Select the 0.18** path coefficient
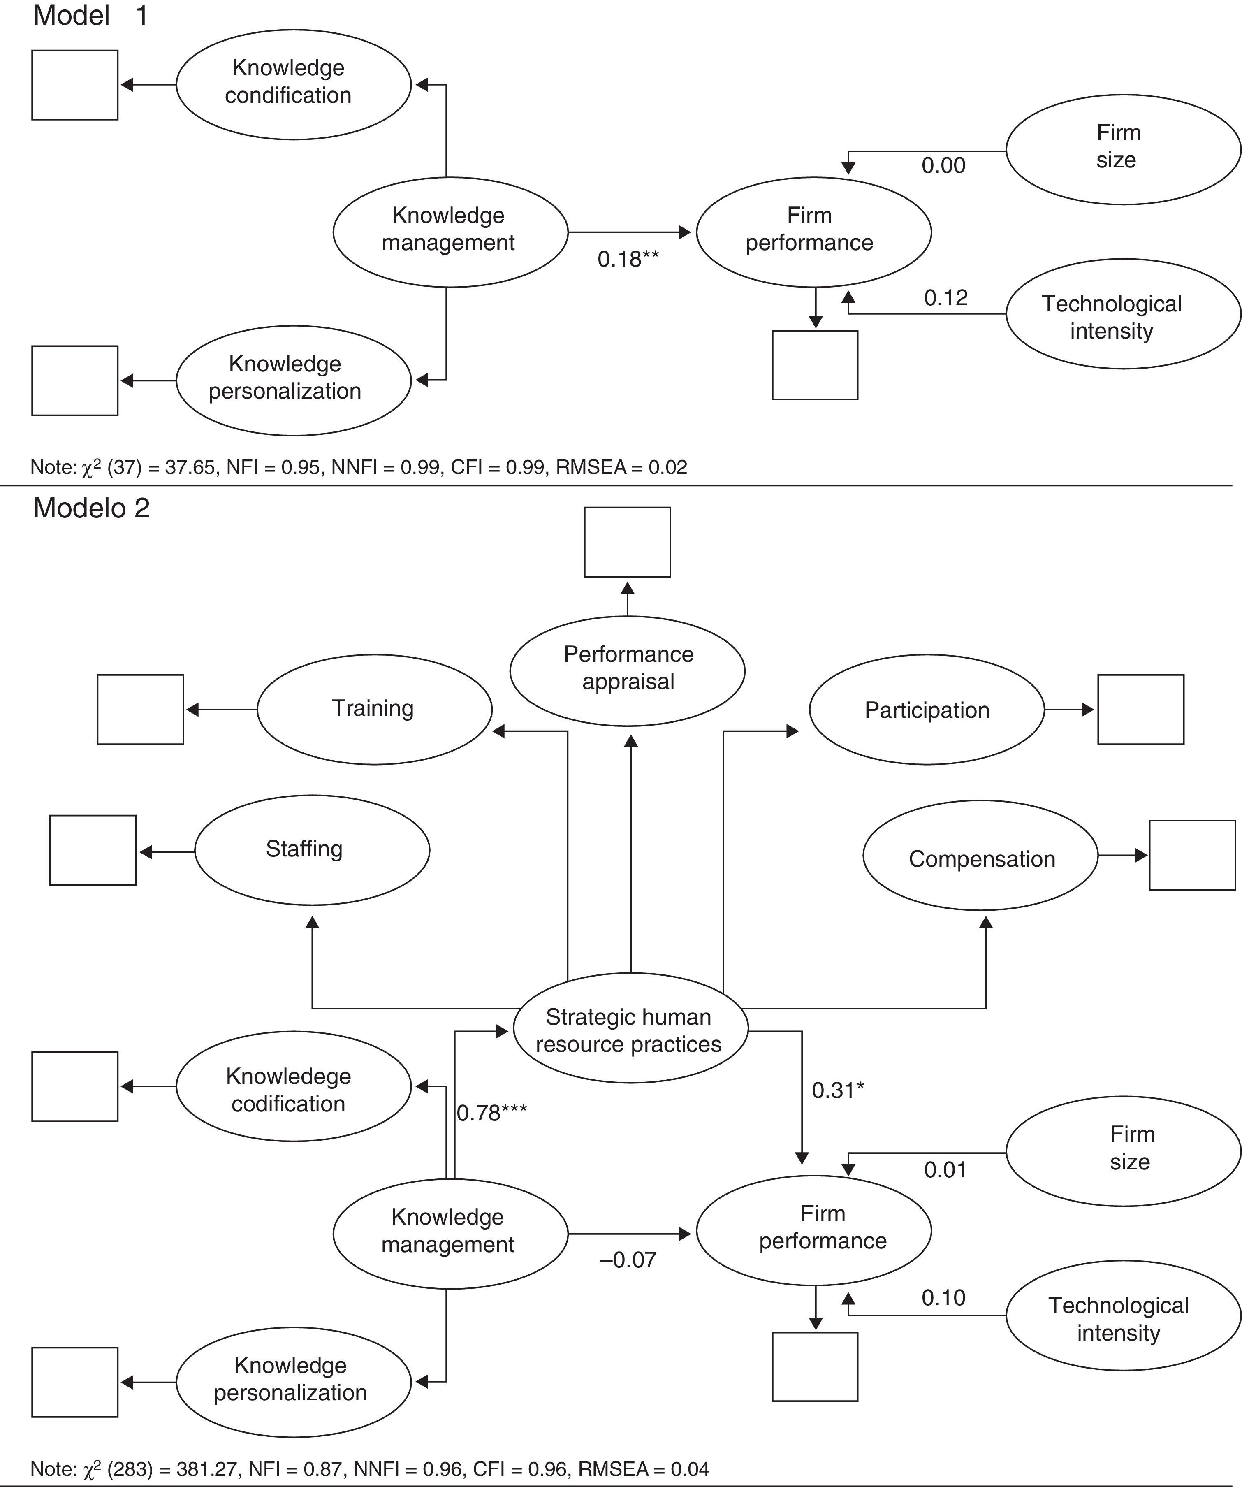[627, 259]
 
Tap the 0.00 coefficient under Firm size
[943, 166]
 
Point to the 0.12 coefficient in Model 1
[945, 297]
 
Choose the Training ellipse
[374, 709]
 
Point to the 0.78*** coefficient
[491, 1113]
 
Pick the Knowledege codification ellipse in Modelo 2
[293, 1090]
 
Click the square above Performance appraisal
[627, 542]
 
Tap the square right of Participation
[1140, 710]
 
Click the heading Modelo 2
[91, 508]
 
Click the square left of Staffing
[93, 850]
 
